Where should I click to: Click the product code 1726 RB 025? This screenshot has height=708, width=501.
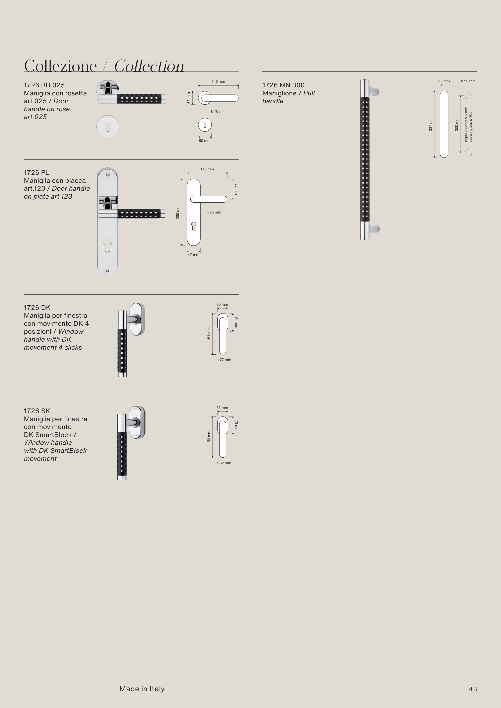click(44, 85)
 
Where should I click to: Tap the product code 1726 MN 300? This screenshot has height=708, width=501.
click(283, 85)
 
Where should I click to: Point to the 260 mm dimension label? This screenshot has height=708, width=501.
click(178, 212)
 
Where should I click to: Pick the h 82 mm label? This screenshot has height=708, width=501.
click(224, 463)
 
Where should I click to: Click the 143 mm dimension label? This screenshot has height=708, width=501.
click(207, 169)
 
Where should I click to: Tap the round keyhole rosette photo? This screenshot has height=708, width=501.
click(108, 126)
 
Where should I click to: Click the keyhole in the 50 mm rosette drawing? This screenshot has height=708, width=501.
click(205, 125)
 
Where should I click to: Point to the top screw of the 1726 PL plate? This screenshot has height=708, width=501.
click(107, 175)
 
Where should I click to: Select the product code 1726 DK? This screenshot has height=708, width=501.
click(37, 307)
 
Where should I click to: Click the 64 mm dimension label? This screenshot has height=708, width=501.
click(236, 322)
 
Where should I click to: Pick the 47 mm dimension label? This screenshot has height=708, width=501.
click(194, 255)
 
